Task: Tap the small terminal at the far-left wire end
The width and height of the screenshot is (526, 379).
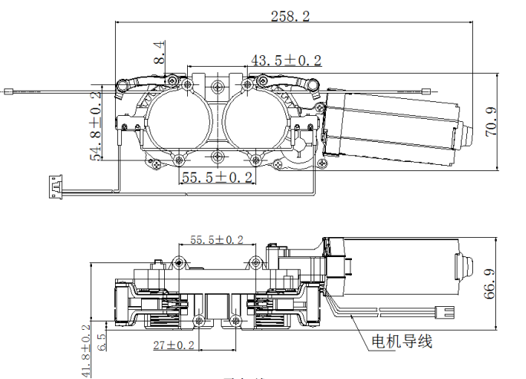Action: click(x=9, y=91)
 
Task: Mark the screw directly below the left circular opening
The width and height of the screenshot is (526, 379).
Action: click(x=179, y=159)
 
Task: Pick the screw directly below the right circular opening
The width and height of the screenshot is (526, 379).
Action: click(x=256, y=159)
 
